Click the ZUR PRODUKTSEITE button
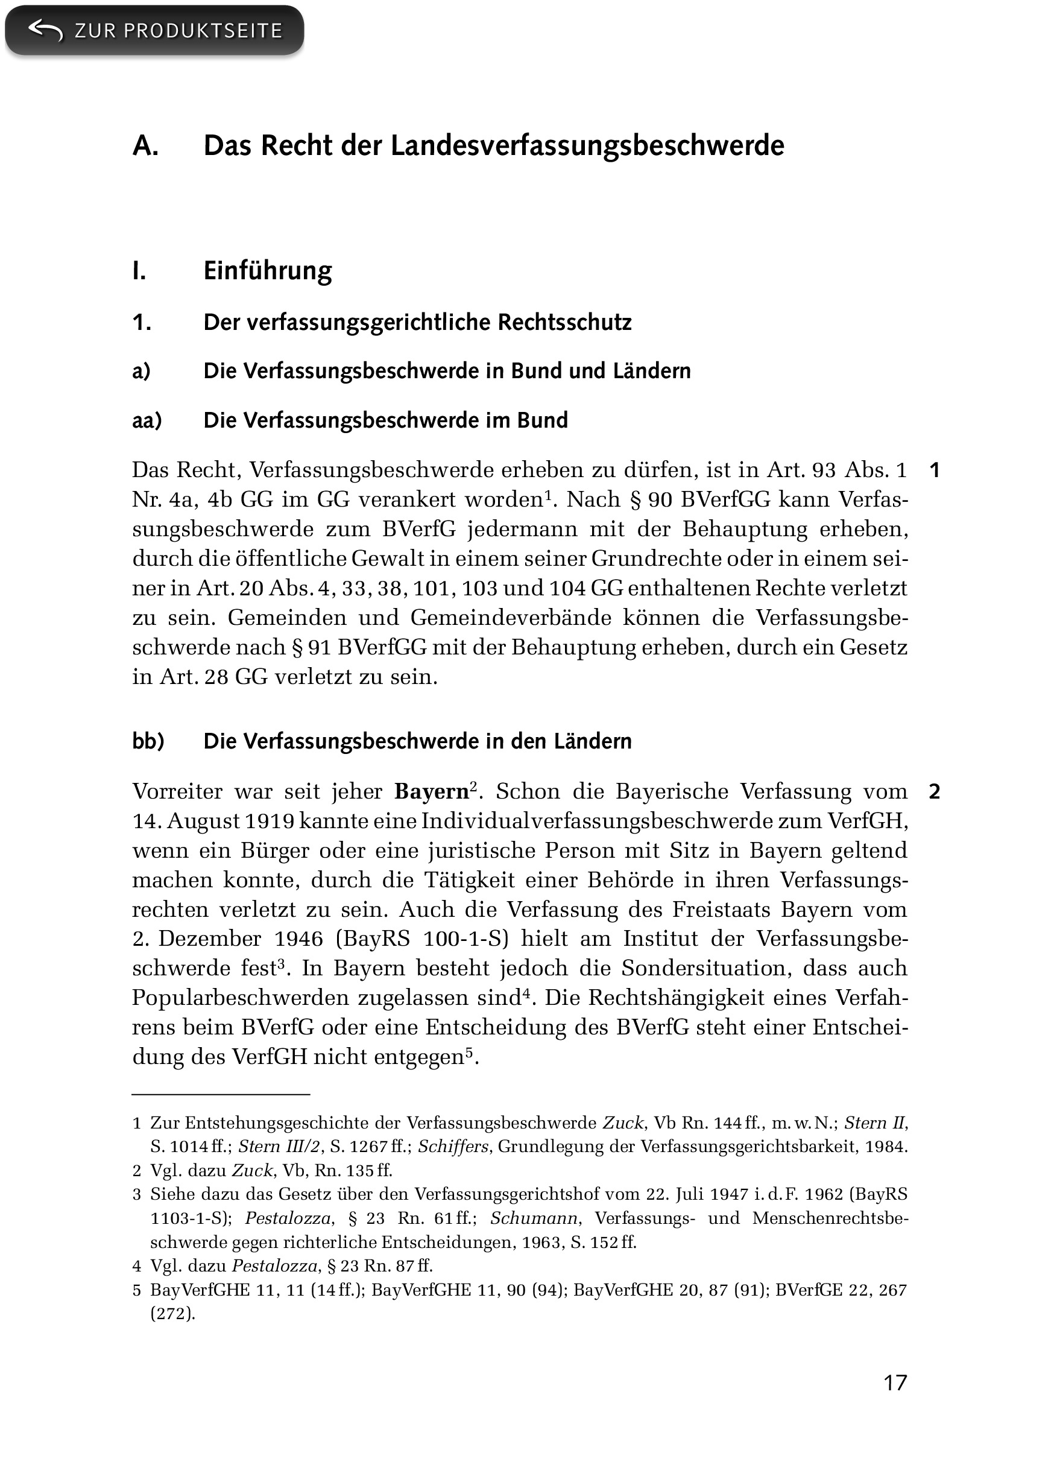(154, 31)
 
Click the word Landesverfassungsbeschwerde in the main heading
(587, 146)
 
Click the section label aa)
(147, 420)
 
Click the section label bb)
(148, 741)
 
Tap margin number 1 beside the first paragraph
(934, 470)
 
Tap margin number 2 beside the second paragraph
(934, 791)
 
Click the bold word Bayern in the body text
(431, 792)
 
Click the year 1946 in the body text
(298, 939)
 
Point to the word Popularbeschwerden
(240, 998)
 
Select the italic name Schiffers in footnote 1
(452, 1147)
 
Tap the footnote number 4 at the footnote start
(137, 1266)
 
